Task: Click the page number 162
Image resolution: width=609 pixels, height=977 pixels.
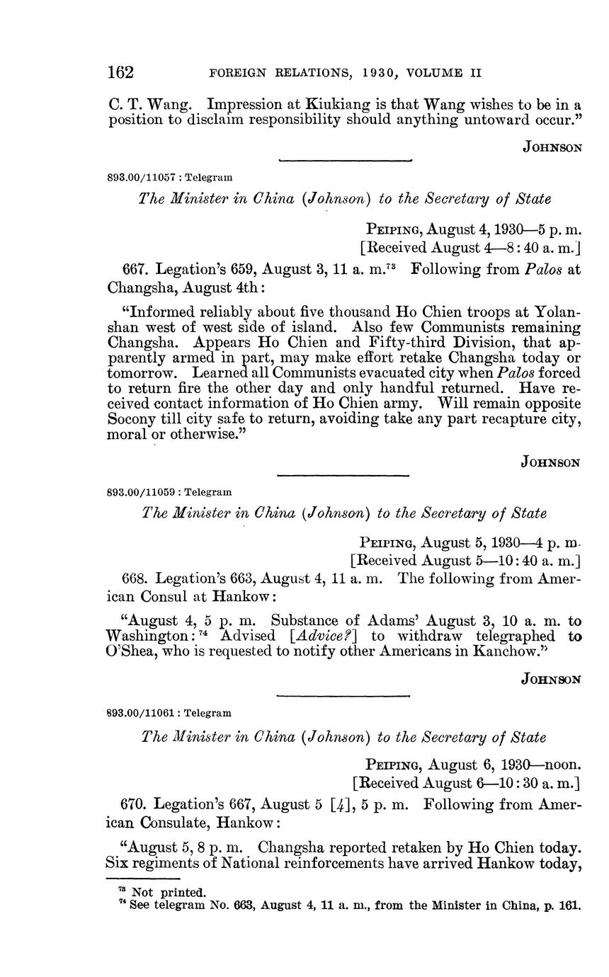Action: pos(121,72)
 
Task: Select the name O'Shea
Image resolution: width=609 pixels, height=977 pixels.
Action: pos(132,651)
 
